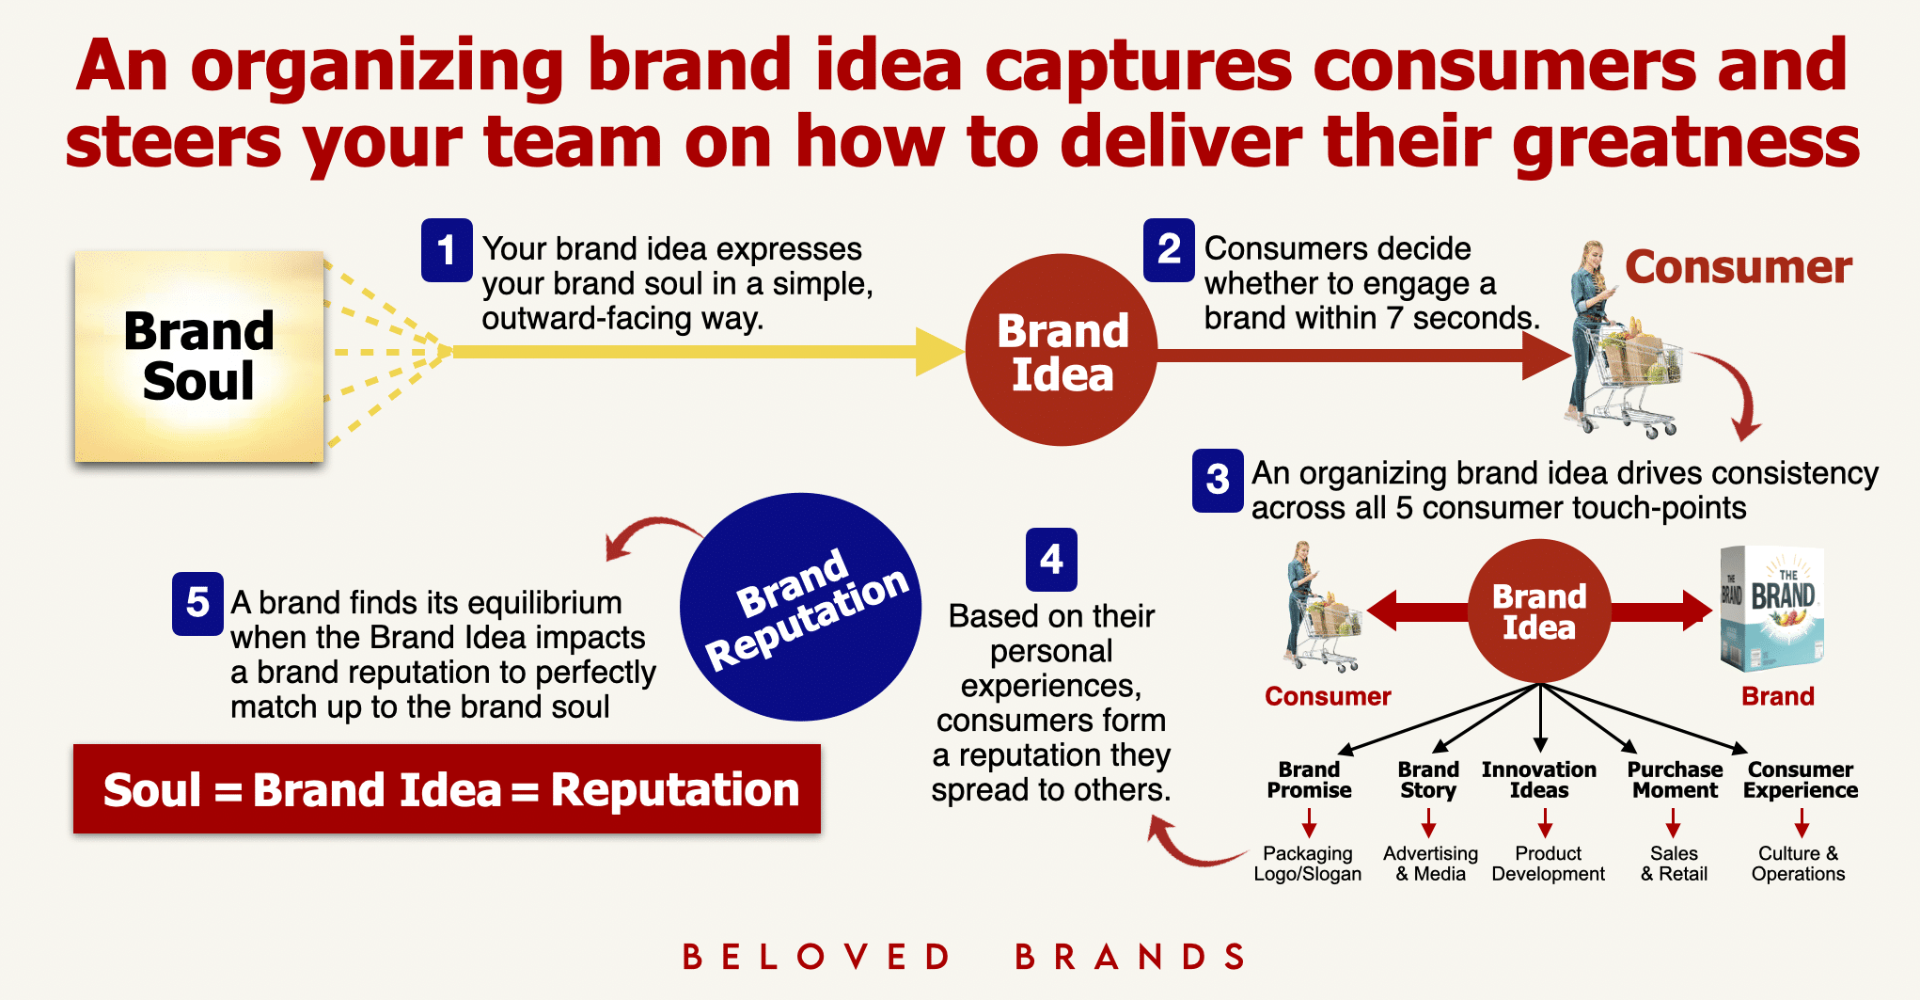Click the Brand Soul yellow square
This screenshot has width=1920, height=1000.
(x=199, y=357)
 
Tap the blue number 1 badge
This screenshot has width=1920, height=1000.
(x=447, y=250)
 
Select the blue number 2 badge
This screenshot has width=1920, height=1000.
(x=1169, y=250)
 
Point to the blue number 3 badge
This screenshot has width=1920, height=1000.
(x=1218, y=481)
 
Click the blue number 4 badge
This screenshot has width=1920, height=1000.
(x=1051, y=560)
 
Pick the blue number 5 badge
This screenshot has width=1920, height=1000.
(x=197, y=603)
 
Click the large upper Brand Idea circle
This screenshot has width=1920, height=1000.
(x=1062, y=350)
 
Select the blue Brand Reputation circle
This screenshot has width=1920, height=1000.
(x=800, y=607)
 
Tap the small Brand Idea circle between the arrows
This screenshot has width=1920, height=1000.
(x=1539, y=611)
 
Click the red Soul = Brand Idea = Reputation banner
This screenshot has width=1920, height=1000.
(x=447, y=789)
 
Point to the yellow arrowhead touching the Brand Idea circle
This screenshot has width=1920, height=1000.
(x=939, y=352)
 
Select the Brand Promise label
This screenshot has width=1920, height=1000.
(x=1309, y=780)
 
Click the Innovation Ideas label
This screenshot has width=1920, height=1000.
(x=1539, y=780)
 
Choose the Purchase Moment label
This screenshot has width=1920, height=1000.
(x=1675, y=780)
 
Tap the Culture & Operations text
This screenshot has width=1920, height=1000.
(x=1798, y=864)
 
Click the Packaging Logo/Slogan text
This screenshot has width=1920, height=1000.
(x=1307, y=864)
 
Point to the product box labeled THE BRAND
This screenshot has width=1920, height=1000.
(x=1771, y=609)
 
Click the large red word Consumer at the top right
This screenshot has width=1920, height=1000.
(x=1739, y=267)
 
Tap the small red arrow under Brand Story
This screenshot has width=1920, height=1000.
(x=1428, y=823)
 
